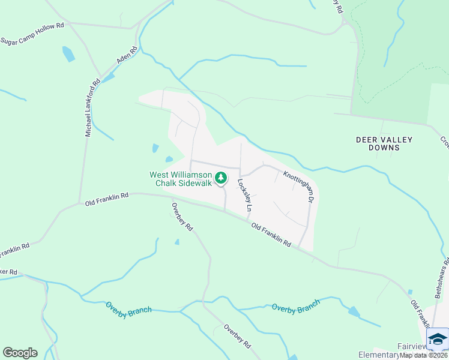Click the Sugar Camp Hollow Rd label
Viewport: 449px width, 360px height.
(32, 34)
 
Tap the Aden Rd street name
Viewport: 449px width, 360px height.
(128, 56)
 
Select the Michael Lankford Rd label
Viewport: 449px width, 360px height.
(92, 108)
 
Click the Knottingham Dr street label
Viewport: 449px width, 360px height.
(299, 185)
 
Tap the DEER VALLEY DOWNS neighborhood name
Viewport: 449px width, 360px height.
(384, 143)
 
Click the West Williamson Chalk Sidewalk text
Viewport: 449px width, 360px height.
(181, 179)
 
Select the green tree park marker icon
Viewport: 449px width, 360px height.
(221, 178)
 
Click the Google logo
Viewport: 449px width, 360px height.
(20, 353)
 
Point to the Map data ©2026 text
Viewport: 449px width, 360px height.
(423, 355)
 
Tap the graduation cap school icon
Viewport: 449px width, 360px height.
(437, 340)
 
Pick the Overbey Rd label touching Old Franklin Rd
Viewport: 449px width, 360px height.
(182, 217)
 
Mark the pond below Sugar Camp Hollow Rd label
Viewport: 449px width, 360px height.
(68, 54)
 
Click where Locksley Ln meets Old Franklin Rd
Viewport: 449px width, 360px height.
(249, 220)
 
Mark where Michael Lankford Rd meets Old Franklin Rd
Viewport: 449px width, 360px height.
(80, 203)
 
